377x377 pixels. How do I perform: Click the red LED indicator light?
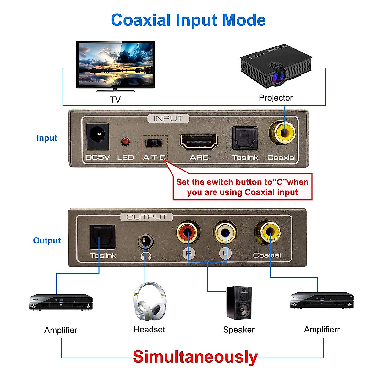[x=125, y=141]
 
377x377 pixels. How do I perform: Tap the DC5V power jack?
[x=98, y=136]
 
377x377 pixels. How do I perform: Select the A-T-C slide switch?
[x=154, y=143]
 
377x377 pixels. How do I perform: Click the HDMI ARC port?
[x=199, y=142]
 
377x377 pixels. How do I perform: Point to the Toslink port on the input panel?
[x=245, y=138]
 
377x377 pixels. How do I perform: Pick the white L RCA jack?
[x=225, y=233]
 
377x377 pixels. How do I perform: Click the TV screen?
[x=116, y=65]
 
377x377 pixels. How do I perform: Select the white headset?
[x=149, y=302]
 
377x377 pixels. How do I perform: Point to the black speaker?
[x=239, y=303]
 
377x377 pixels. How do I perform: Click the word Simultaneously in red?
[x=195, y=357]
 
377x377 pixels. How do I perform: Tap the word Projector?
[x=276, y=98]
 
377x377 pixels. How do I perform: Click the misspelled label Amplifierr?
[x=322, y=330]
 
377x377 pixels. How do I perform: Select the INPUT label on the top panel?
[x=168, y=118]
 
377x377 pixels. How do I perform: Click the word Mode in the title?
[x=244, y=20]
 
